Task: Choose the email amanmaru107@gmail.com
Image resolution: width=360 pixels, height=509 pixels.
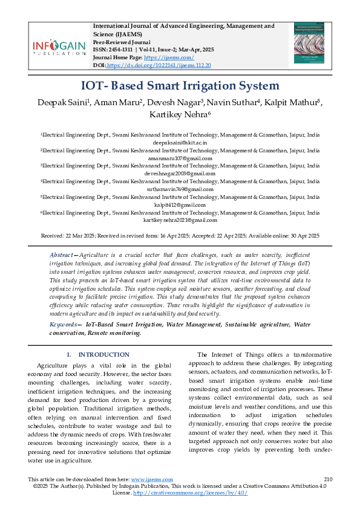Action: click(180, 158)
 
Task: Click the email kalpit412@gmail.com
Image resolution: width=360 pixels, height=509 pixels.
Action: click(180, 204)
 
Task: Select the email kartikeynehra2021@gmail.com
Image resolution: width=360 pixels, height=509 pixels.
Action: click(180, 221)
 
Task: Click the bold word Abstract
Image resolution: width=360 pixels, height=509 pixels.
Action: click(62, 256)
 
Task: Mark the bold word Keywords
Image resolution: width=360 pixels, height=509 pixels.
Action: click(64, 325)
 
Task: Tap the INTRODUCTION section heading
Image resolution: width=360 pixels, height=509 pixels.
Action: click(104, 354)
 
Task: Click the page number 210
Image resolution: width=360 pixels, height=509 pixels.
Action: click(329, 479)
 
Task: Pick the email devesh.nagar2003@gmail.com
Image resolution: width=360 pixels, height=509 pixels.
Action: click(180, 173)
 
